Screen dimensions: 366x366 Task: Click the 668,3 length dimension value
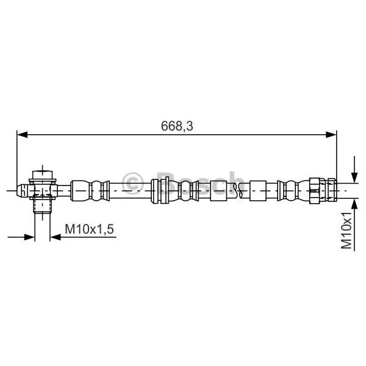(x=177, y=126)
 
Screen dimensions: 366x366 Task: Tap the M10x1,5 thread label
(x=90, y=229)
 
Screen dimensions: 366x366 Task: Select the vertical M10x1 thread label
(x=346, y=231)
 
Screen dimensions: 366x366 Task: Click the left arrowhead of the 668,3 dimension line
(x=23, y=134)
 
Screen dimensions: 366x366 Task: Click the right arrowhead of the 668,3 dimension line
(x=331, y=134)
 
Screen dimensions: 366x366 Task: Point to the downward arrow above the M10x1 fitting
(x=354, y=170)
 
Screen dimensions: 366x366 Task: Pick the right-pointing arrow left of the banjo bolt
(x=21, y=237)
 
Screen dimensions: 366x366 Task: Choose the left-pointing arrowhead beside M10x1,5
(x=56, y=237)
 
